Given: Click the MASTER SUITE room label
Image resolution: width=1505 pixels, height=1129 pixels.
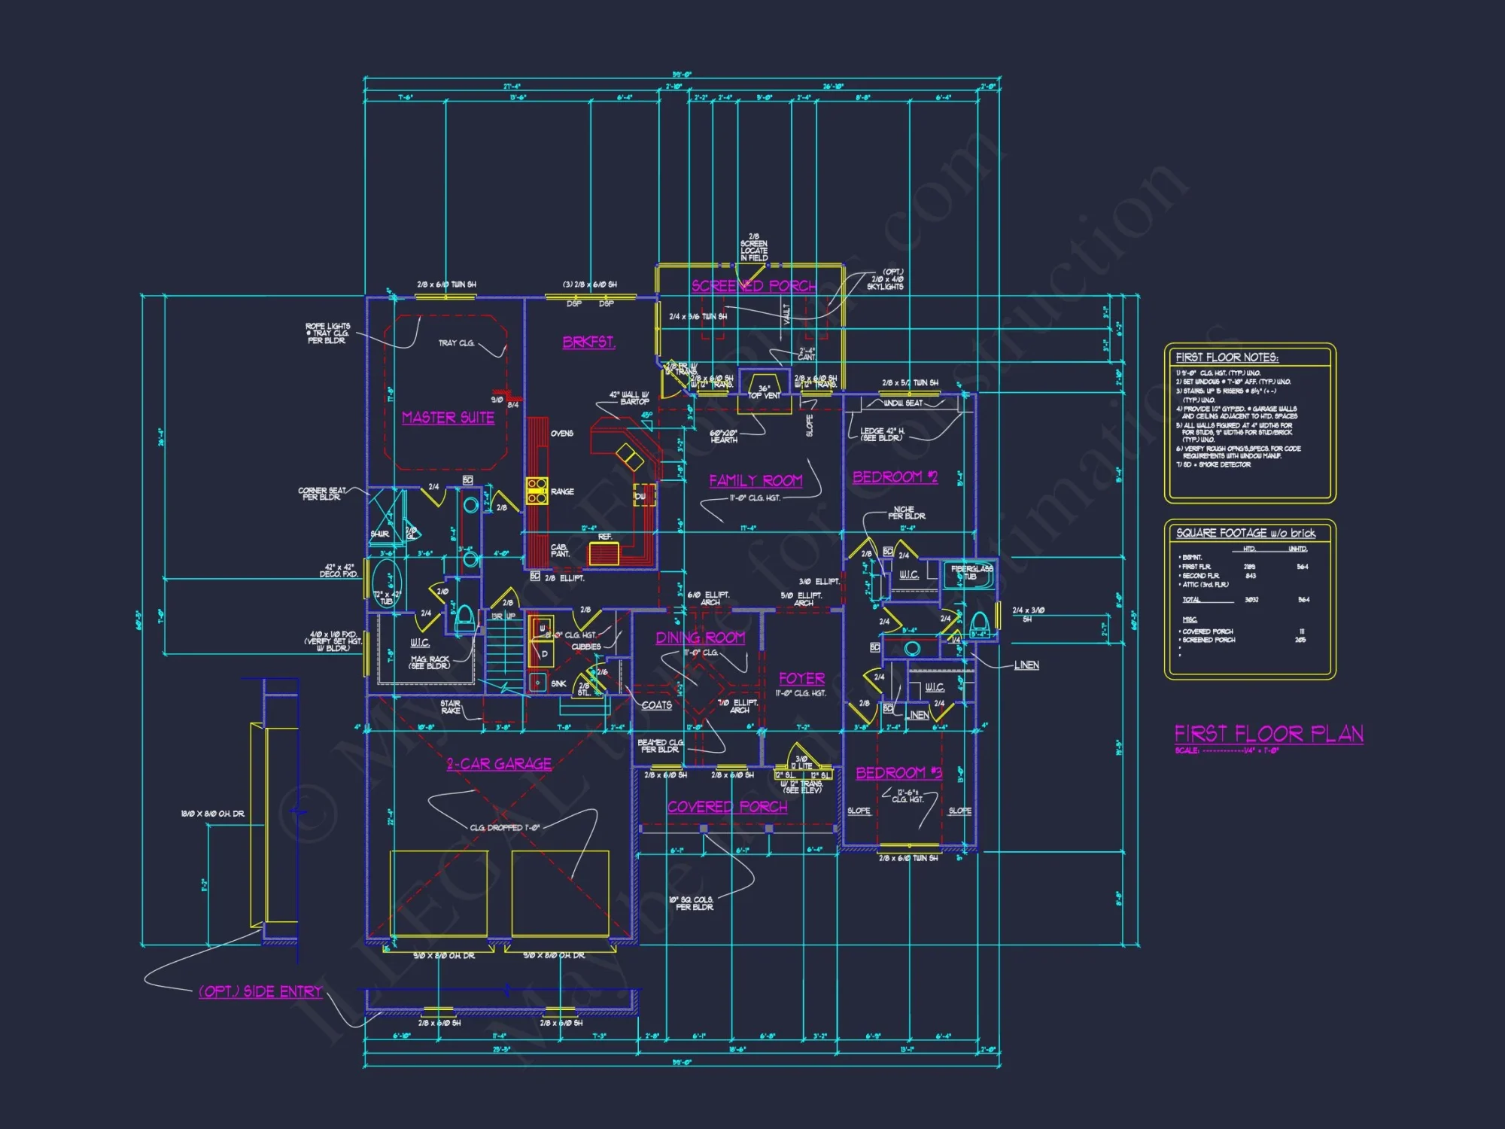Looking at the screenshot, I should tap(448, 418).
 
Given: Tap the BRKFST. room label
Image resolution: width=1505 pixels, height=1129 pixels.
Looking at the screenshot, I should tap(588, 342).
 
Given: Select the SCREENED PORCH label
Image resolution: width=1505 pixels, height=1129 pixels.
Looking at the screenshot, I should tap(753, 286).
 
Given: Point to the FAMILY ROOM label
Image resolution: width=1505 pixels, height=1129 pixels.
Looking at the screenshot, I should tap(756, 480).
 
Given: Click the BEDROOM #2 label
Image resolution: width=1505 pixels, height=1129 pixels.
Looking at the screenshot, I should tap(895, 477).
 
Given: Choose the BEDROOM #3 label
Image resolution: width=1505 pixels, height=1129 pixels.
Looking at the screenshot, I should tap(898, 773).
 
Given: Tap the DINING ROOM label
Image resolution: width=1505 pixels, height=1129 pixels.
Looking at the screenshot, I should tap(700, 638).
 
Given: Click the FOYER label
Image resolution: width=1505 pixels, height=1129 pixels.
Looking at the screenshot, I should tap(801, 678).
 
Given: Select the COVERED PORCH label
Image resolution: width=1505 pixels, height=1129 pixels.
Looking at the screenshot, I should tap(727, 807).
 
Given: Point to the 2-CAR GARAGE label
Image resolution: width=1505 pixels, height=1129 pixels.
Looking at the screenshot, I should tap(499, 764).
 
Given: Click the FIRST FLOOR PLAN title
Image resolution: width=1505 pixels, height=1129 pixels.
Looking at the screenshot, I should tap(1269, 734).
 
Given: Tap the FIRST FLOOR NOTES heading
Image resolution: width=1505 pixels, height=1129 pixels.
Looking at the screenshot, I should tap(1227, 358).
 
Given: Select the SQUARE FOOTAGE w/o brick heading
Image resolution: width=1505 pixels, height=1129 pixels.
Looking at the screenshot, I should tap(1245, 533).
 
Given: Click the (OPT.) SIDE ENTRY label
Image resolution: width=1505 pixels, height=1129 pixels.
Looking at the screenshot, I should tap(260, 992).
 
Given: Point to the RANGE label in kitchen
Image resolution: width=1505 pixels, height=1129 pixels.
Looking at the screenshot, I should tap(562, 491).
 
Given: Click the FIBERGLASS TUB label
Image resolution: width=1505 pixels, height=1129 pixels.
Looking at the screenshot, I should tap(971, 573).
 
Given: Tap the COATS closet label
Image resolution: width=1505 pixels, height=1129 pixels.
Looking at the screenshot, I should tap(656, 705).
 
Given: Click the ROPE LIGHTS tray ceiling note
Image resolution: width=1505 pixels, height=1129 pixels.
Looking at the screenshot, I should tap(327, 333).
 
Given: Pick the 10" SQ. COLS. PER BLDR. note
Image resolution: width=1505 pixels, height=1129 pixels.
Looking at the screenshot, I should tap(691, 903).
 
